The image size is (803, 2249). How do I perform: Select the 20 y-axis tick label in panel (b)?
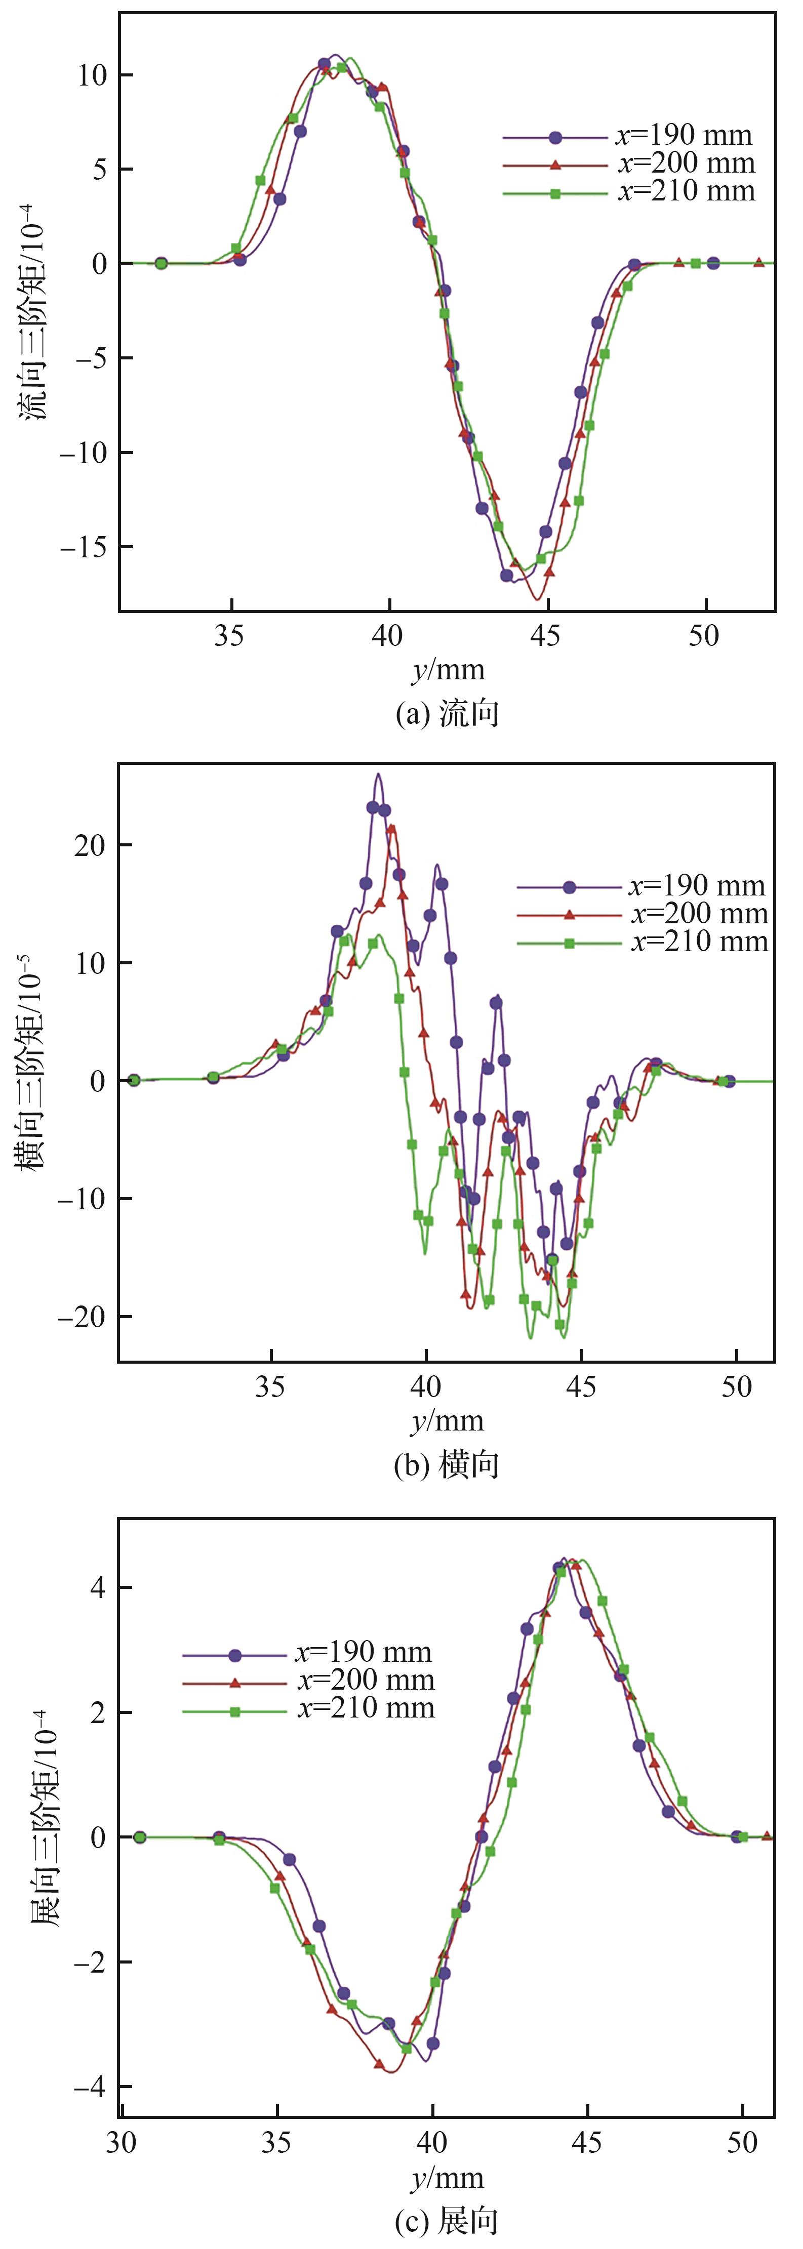(x=91, y=845)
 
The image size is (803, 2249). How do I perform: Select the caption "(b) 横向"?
(x=446, y=1464)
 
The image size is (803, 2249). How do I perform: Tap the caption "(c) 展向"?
(x=446, y=2221)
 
